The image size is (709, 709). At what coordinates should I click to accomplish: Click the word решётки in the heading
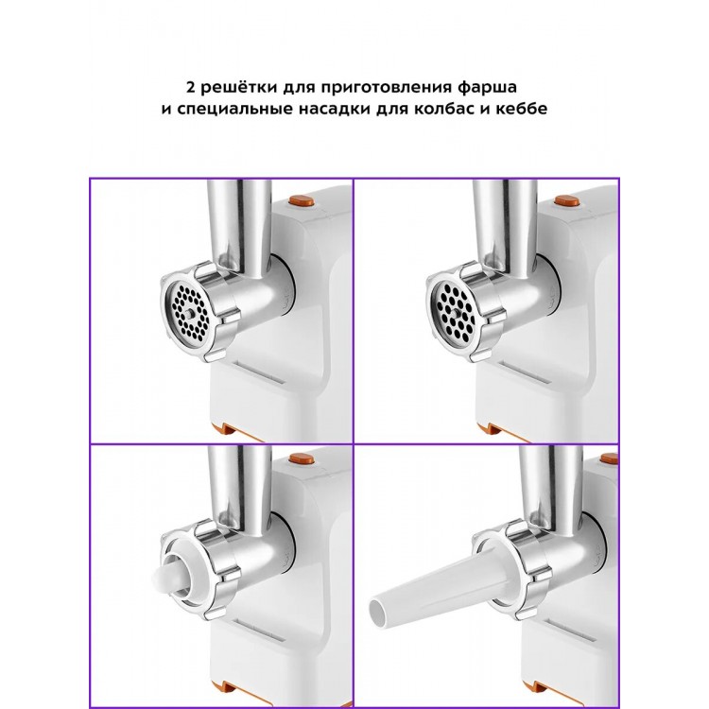click(x=239, y=87)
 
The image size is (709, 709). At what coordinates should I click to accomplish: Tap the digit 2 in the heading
click(x=190, y=87)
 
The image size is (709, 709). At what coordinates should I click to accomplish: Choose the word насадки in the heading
click(x=333, y=110)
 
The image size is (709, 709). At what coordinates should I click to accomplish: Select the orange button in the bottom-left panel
click(x=303, y=459)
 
